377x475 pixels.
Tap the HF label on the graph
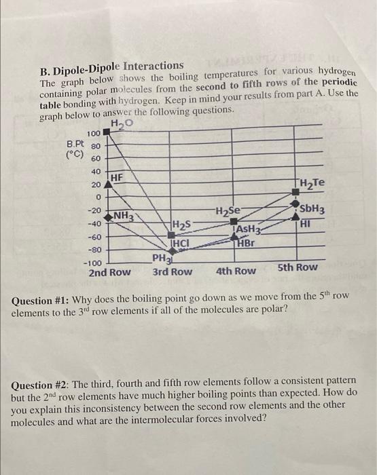117,176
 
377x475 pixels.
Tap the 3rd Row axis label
172,271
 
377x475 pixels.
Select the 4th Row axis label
236,271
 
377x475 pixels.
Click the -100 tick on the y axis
92,262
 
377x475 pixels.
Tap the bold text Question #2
43,385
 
